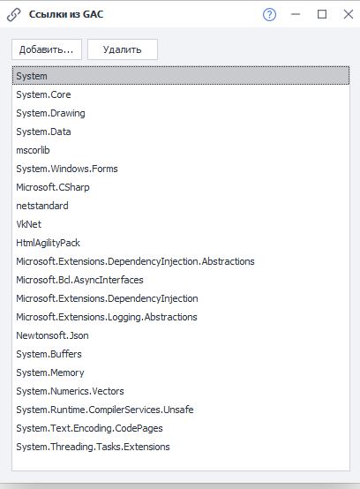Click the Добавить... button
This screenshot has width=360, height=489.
pyautogui.click(x=47, y=49)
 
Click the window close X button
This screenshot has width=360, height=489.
pyautogui.click(x=349, y=14)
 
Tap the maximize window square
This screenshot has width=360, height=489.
pyautogui.click(x=322, y=14)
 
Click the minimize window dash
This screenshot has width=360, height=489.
pyautogui.click(x=296, y=14)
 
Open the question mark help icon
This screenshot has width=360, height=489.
pyautogui.click(x=269, y=14)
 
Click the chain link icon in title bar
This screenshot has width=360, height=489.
pyautogui.click(x=14, y=15)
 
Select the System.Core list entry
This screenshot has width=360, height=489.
pyautogui.click(x=43, y=94)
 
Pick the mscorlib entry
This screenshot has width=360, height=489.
pyautogui.click(x=33, y=150)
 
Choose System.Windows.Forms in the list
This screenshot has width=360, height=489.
pyautogui.click(x=67, y=169)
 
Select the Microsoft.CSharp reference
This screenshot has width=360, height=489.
pyautogui.click(x=53, y=187)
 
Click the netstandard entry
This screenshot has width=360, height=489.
pyautogui.click(x=42, y=206)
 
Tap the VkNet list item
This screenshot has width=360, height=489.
pyautogui.click(x=28, y=224)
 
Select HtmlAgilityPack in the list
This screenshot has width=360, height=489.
pyautogui.click(x=48, y=243)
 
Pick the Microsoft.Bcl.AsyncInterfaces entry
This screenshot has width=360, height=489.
pyautogui.click(x=79, y=280)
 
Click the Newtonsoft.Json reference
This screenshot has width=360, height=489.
pyautogui.click(x=52, y=335)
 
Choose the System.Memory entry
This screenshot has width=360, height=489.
pyautogui.click(x=50, y=372)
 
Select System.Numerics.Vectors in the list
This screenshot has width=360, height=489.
pyautogui.click(x=70, y=391)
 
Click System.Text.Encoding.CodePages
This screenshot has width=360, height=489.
pyautogui.click(x=89, y=428)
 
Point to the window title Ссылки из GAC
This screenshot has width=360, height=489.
pyautogui.click(x=66, y=14)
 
